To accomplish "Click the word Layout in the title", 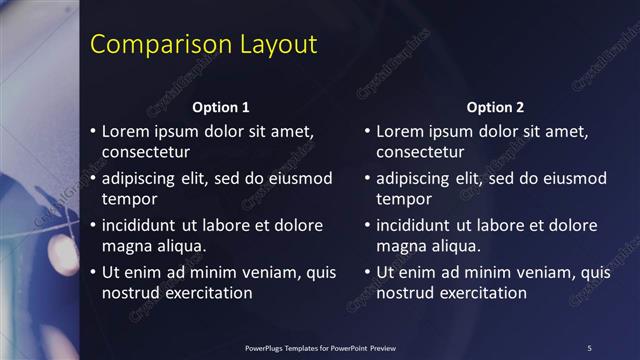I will click(277, 45).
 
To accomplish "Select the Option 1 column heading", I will click(220, 107).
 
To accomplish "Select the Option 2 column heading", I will click(495, 107).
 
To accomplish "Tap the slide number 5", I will click(589, 347).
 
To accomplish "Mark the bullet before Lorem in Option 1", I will click(93, 131).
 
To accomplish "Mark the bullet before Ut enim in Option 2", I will click(368, 271).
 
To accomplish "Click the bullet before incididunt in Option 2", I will click(368, 225).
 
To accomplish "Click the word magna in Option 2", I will click(400, 245).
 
